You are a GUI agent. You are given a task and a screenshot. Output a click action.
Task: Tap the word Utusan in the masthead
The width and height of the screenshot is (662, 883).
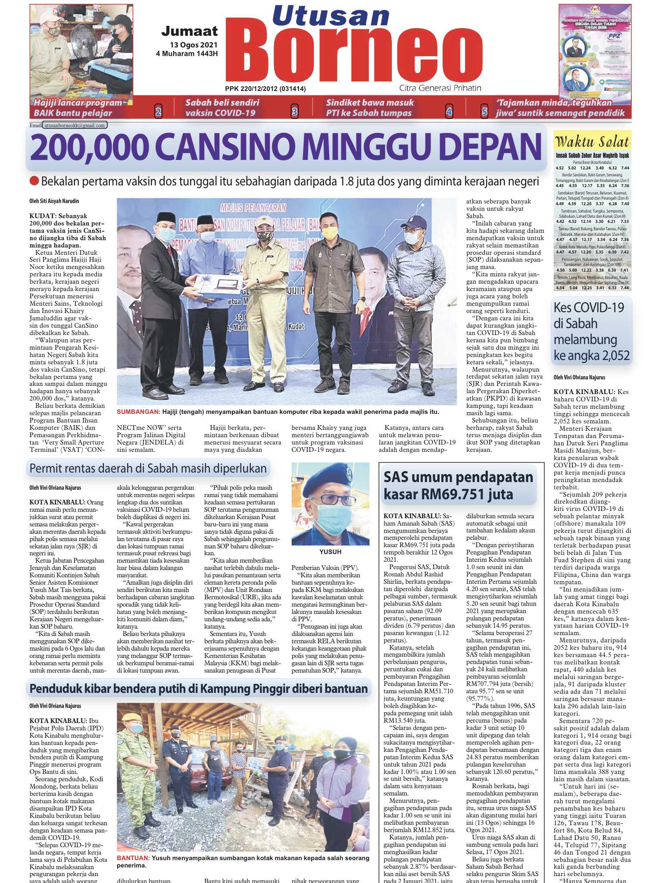(x=331, y=16)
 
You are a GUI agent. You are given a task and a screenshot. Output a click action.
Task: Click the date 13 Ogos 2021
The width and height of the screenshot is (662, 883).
(x=194, y=45)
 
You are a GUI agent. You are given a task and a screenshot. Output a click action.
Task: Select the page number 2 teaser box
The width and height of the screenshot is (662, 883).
(x=158, y=113)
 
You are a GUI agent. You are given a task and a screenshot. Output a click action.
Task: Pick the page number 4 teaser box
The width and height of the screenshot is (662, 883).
(x=449, y=113)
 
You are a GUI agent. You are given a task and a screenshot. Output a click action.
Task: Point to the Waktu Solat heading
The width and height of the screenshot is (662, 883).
(x=592, y=142)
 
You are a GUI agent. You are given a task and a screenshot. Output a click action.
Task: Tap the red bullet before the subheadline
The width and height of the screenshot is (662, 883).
(x=34, y=182)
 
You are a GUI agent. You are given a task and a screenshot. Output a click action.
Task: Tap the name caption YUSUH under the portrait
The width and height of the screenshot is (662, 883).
(x=330, y=551)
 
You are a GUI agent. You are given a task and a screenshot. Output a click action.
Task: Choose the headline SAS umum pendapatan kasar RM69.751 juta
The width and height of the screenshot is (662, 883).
(x=458, y=485)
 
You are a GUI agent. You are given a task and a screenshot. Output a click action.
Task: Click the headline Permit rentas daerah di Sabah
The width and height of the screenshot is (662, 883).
(x=148, y=468)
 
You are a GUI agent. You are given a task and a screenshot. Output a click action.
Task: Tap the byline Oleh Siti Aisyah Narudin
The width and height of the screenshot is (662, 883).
(x=54, y=201)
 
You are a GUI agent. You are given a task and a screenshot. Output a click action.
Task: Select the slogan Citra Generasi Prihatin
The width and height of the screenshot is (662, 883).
(x=440, y=88)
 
